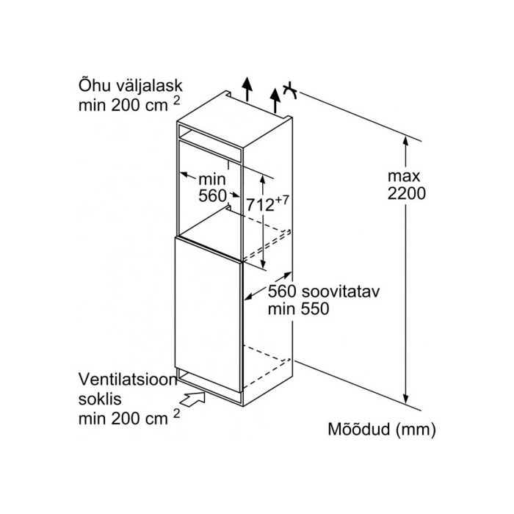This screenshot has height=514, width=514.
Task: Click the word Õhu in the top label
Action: pos(93,85)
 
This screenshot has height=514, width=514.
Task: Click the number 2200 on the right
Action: pos(407,193)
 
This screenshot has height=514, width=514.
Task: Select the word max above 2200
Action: pos(404,177)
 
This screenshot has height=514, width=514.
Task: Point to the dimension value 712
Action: pos(260,206)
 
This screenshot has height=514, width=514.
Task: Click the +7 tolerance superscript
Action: pos(282,200)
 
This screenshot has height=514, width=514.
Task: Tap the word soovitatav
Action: pos(340,292)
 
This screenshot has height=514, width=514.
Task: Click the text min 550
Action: pos(298,309)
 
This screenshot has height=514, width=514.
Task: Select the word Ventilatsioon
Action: pos(128,380)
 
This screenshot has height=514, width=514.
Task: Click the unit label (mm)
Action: pos(416,430)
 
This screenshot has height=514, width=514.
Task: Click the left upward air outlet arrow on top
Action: pos(247,89)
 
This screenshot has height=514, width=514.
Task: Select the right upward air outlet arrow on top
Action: pos(275,101)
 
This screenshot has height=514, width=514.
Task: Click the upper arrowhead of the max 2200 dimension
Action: pos(406,141)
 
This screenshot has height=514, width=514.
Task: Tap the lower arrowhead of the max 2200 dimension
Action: pos(406,399)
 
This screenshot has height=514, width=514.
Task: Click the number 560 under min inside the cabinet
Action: pos(212,196)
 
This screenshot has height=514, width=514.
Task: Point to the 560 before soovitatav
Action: pos(282,292)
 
